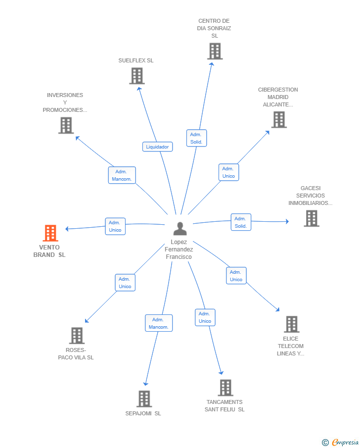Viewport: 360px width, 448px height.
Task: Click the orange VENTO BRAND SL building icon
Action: tap(50, 233)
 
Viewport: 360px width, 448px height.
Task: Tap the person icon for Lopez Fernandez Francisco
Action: tap(180, 228)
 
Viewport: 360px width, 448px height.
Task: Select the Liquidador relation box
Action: tap(158, 147)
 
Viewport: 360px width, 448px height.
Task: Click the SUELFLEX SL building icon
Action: tap(137, 76)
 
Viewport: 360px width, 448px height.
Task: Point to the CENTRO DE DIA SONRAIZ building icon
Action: tap(215, 51)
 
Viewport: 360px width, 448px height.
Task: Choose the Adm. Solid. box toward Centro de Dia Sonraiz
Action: tap(196, 138)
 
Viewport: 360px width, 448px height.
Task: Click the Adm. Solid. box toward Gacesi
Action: tap(241, 222)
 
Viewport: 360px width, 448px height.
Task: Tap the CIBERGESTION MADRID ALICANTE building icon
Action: tap(279, 119)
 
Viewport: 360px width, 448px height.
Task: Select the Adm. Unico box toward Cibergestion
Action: tap(228, 172)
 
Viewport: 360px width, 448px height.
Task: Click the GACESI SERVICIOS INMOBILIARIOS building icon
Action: tap(312, 218)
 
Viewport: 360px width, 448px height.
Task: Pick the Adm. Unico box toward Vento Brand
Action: tap(115, 226)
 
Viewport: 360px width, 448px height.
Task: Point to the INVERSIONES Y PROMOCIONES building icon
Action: tap(66, 125)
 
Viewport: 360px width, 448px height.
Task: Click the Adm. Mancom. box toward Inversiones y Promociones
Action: tap(122, 175)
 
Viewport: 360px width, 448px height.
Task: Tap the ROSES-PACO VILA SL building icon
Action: tap(77, 336)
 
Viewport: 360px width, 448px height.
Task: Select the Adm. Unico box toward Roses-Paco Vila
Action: tap(125, 283)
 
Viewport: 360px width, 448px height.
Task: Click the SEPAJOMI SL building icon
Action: tap(144, 399)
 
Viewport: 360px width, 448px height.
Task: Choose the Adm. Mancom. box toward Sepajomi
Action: tap(159, 323)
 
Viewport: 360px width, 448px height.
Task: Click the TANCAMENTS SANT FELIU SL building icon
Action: tap(225, 388)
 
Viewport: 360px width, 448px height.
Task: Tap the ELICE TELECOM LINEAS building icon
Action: tap(291, 324)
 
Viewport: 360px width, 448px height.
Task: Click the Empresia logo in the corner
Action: tap(340, 442)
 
